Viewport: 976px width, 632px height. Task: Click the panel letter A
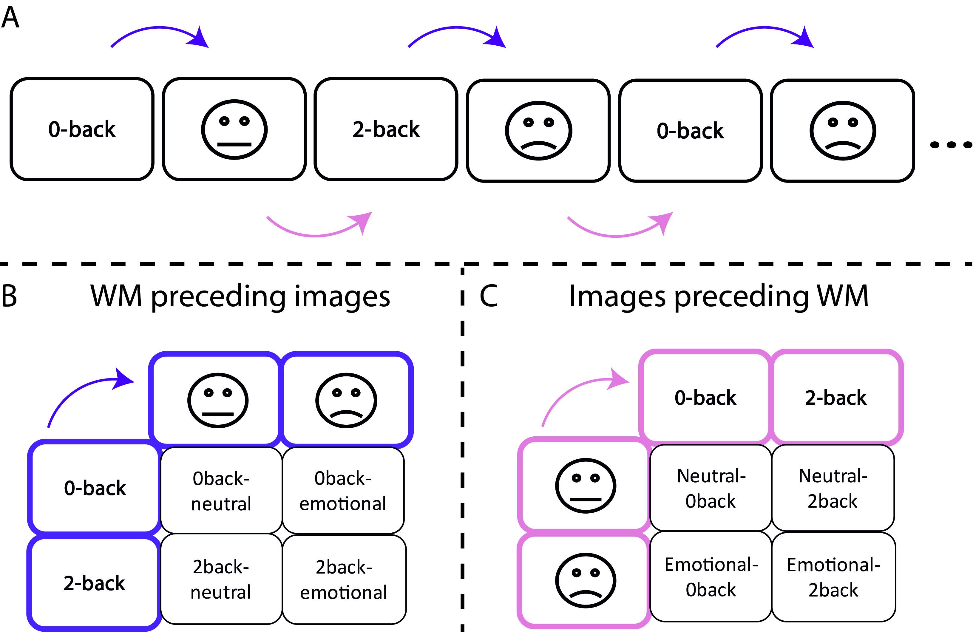[x=11, y=17]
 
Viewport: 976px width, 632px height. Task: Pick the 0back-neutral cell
[x=221, y=491]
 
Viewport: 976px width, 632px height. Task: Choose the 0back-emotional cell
[x=343, y=491]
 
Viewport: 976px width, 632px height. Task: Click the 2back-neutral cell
[x=221, y=579]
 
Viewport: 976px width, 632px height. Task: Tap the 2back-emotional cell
[x=344, y=579]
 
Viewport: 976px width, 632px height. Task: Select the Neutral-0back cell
[x=711, y=488]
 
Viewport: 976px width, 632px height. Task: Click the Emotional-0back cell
[x=711, y=577]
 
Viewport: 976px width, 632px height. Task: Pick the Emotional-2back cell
[x=833, y=577]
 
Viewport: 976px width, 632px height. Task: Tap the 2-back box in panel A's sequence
[x=386, y=129]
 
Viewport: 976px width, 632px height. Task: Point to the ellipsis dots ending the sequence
[x=951, y=144]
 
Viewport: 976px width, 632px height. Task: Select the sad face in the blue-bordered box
[x=346, y=400]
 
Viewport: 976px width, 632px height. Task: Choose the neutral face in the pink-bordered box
[x=586, y=486]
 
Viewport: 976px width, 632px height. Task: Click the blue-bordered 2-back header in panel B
[x=94, y=583]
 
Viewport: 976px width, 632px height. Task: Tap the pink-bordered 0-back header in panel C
[x=705, y=397]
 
